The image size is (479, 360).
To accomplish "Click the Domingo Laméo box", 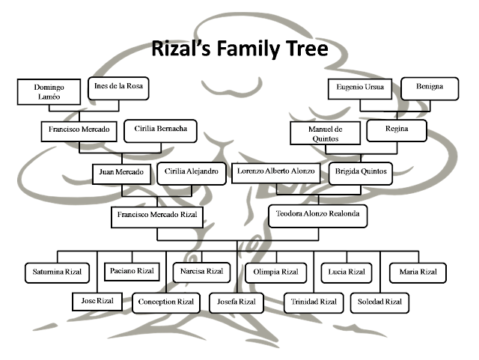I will [x=49, y=92].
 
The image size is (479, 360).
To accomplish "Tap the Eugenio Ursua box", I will [x=360, y=88].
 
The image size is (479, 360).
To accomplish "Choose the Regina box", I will [x=397, y=129].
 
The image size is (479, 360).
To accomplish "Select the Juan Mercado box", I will [x=121, y=172].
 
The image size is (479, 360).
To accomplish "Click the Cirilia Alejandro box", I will [x=192, y=172].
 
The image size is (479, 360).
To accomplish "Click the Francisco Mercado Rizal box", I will [x=158, y=215].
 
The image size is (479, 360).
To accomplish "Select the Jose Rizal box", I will [x=97, y=301].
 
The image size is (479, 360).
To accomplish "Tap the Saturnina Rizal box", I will [x=56, y=271].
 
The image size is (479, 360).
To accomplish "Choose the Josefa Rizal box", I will [x=237, y=302].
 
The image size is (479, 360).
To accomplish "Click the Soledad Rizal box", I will [x=380, y=302].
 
